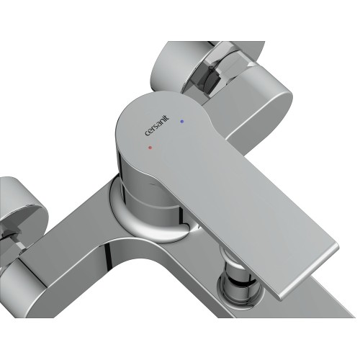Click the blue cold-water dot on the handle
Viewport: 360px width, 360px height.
[x=181, y=122]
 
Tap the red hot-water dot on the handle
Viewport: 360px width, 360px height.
[x=150, y=148]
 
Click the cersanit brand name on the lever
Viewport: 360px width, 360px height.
[x=157, y=125]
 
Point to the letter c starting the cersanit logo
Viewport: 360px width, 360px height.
[x=147, y=134]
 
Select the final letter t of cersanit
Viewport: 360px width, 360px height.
[x=167, y=117]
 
